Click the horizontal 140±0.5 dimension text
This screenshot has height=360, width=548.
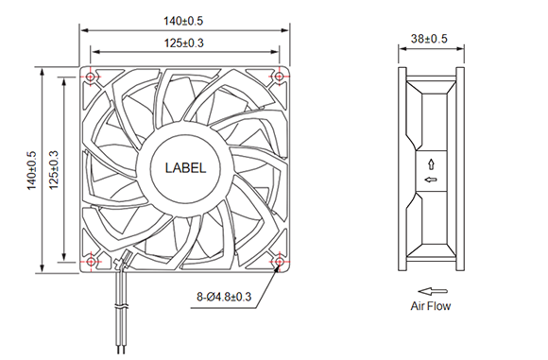click(x=183, y=21)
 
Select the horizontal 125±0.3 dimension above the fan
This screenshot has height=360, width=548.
click(x=184, y=43)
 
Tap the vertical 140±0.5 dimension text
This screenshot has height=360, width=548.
click(x=31, y=171)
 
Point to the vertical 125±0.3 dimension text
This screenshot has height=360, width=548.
click(x=54, y=170)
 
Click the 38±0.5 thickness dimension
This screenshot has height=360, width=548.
click(x=429, y=39)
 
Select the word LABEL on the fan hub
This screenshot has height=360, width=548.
click(x=185, y=168)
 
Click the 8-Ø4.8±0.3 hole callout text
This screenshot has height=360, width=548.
click(x=224, y=297)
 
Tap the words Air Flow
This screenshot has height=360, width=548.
click(x=431, y=306)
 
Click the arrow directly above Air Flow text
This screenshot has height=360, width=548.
click(x=433, y=291)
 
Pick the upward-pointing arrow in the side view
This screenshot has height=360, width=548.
click(x=432, y=164)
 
